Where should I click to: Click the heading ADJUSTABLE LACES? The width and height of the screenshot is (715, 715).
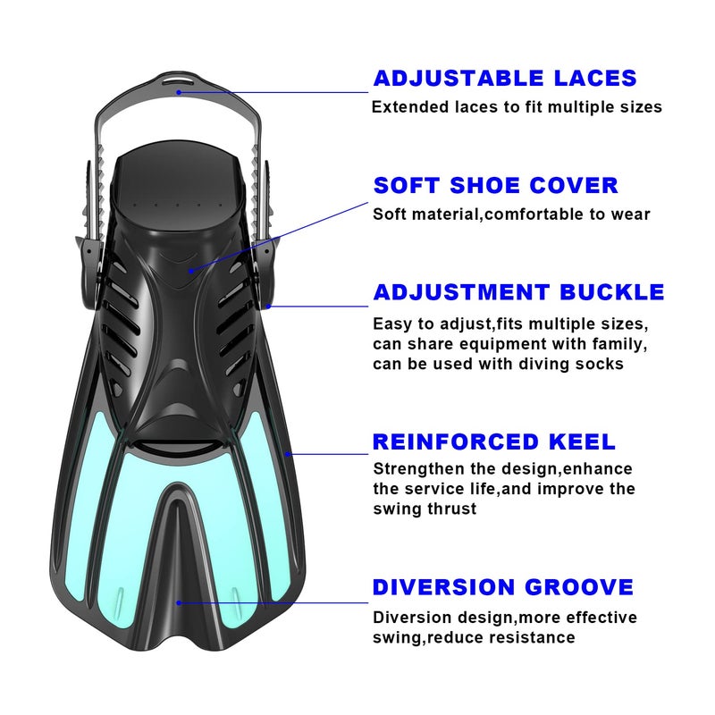505,78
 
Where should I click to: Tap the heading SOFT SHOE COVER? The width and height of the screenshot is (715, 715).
496,185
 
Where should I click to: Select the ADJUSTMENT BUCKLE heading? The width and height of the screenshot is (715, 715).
519,292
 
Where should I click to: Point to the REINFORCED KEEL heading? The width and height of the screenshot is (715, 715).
494,442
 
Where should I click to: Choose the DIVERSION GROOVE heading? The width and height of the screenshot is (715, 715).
503,587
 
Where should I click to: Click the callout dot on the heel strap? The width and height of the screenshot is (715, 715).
180,92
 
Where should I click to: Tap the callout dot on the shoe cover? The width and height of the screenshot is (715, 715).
191,271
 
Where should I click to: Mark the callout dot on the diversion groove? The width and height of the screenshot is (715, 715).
180,602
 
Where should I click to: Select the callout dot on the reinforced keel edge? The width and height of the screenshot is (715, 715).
288,454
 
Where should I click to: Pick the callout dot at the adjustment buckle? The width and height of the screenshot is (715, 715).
269,307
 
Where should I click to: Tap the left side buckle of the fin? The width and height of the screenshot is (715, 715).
89,269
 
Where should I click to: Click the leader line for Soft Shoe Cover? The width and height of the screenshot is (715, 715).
280,237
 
